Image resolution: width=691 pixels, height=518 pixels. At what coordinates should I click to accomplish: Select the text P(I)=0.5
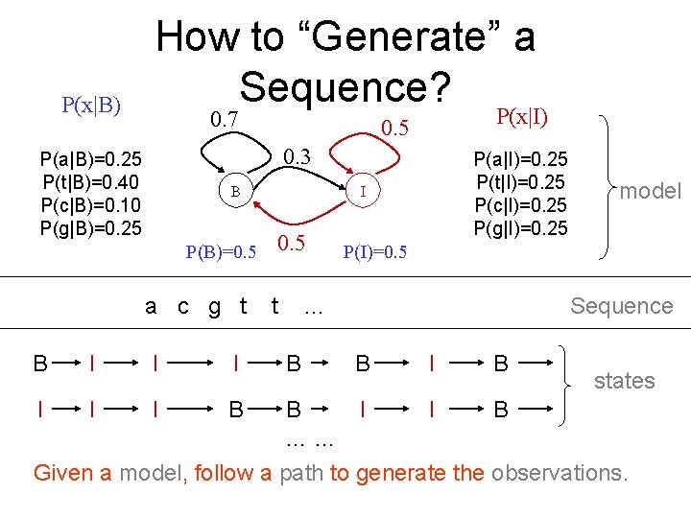[x=374, y=252]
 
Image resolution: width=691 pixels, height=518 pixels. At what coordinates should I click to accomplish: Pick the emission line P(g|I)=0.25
[x=520, y=228]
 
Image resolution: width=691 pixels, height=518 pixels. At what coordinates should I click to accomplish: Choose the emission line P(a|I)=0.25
[x=520, y=158]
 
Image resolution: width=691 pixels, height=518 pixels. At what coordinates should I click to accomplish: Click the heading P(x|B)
[x=91, y=106]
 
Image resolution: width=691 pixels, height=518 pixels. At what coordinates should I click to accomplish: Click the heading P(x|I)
[x=522, y=117]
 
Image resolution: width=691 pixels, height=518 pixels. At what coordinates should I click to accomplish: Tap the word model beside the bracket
[x=650, y=191]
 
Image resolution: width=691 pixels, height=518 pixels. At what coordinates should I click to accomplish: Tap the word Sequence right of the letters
[x=621, y=306]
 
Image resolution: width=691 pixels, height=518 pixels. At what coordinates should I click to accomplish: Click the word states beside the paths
[x=624, y=381]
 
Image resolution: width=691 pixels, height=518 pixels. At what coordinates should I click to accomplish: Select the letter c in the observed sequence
[x=183, y=306]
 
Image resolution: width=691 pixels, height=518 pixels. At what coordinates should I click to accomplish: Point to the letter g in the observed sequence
[x=214, y=307]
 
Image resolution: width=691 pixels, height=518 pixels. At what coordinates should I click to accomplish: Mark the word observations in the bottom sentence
[x=557, y=473]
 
